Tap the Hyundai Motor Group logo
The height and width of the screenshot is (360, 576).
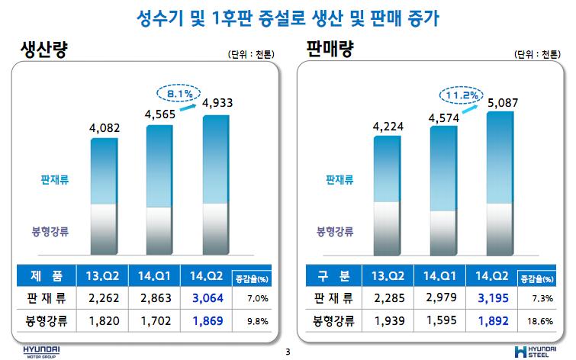point(37,350)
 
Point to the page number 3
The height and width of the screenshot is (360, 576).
point(288,352)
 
